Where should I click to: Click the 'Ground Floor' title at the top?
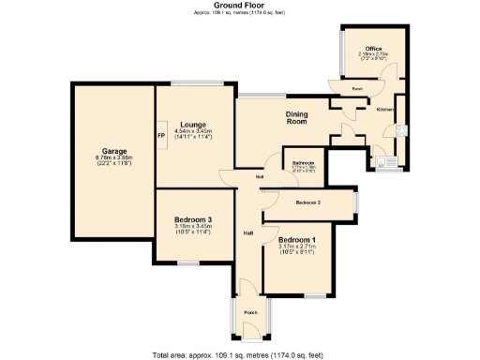point(240,6)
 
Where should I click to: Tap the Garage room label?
point(114,151)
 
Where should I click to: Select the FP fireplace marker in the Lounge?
point(161,135)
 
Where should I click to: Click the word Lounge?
point(193,125)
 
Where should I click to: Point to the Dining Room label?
point(296,117)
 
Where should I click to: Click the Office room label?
point(373,47)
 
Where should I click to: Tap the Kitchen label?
point(385,110)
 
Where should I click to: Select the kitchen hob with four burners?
point(400,130)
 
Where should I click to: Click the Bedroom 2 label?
point(308,202)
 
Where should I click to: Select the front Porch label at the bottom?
point(250,312)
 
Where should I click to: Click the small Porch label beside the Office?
point(357,89)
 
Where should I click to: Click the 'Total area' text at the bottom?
point(240,354)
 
